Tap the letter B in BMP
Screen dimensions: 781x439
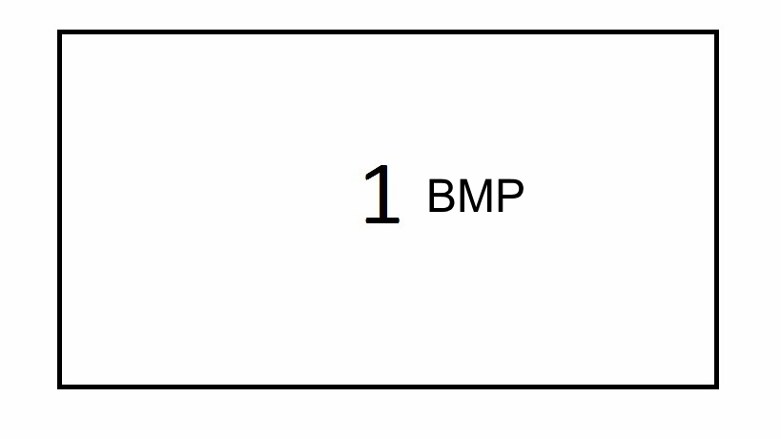[442, 196]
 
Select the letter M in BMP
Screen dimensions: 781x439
[476, 196]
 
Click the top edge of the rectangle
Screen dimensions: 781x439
[388, 32]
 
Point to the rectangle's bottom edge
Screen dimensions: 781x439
[388, 387]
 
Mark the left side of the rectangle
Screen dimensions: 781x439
[60, 209]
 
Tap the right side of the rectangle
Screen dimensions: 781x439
[716, 209]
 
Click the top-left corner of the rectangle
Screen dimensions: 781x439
[58, 31]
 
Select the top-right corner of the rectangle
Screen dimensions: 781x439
[718, 31]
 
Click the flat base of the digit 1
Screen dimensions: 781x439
[382, 220]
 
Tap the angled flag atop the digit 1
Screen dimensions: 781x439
[372, 172]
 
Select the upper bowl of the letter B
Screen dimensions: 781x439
[444, 187]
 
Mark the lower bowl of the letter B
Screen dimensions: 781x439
[445, 203]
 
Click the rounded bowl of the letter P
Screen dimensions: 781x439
[515, 190]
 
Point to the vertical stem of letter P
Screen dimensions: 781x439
[501, 196]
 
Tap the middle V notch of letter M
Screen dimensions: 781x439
[476, 209]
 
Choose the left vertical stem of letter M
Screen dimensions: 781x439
[462, 196]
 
